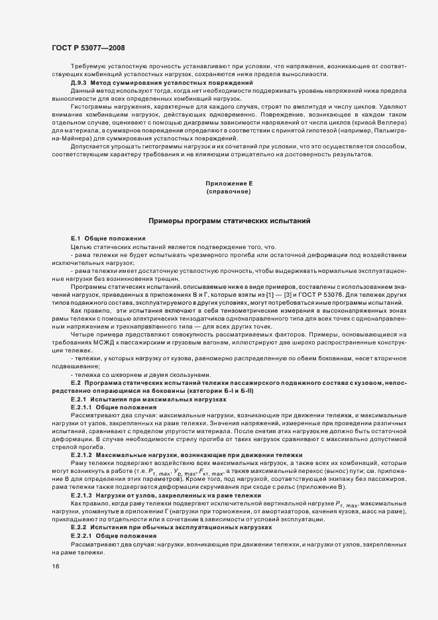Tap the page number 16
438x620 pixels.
55,566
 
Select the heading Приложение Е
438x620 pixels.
228,183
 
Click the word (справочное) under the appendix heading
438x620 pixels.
228,191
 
